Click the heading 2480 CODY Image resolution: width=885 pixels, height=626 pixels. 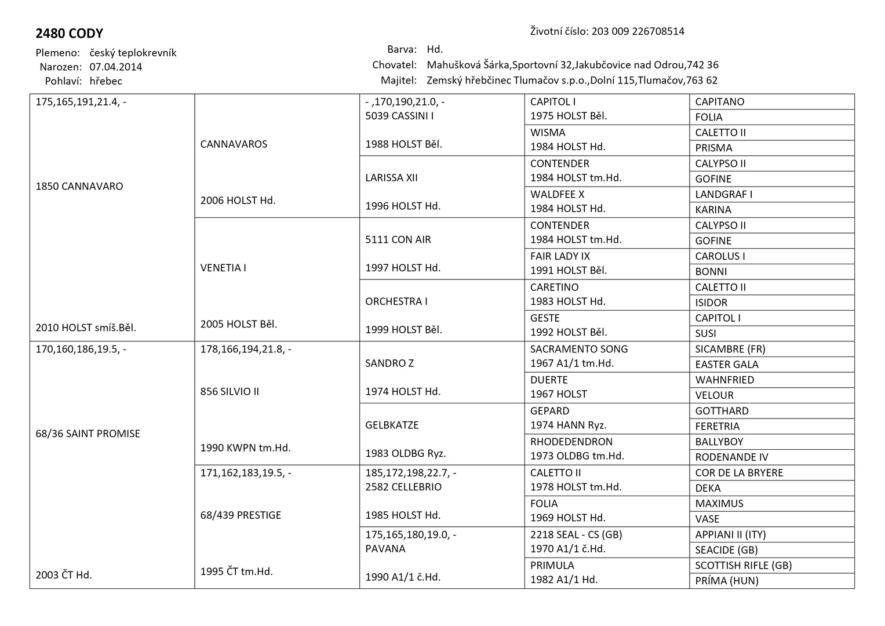click(x=69, y=34)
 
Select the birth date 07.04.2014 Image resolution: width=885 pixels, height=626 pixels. click(x=116, y=67)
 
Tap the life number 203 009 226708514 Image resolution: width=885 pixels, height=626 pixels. click(x=638, y=31)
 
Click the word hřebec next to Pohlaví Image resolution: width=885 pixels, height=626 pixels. click(x=105, y=81)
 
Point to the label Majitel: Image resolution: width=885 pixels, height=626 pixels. click(x=399, y=81)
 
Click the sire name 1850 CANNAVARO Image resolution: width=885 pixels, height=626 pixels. click(x=79, y=187)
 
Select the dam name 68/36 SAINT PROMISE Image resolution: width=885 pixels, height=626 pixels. click(x=88, y=434)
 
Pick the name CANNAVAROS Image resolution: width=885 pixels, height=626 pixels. click(x=234, y=144)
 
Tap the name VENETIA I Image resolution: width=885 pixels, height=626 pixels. click(x=223, y=268)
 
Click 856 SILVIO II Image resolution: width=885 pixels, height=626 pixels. click(x=230, y=392)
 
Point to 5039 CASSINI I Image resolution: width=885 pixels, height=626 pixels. click(x=399, y=116)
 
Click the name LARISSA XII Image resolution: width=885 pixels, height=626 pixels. click(x=391, y=178)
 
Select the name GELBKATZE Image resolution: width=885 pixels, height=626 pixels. click(x=392, y=425)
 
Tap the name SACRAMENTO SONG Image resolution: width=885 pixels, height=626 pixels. click(x=579, y=349)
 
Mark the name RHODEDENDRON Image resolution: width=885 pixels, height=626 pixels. click(x=571, y=442)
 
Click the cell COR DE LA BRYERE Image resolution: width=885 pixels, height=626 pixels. click(x=739, y=473)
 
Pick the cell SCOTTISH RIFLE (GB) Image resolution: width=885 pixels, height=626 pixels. click(x=743, y=566)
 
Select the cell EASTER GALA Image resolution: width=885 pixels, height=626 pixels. click(x=727, y=365)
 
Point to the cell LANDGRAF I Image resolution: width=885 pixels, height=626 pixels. click(x=724, y=195)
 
